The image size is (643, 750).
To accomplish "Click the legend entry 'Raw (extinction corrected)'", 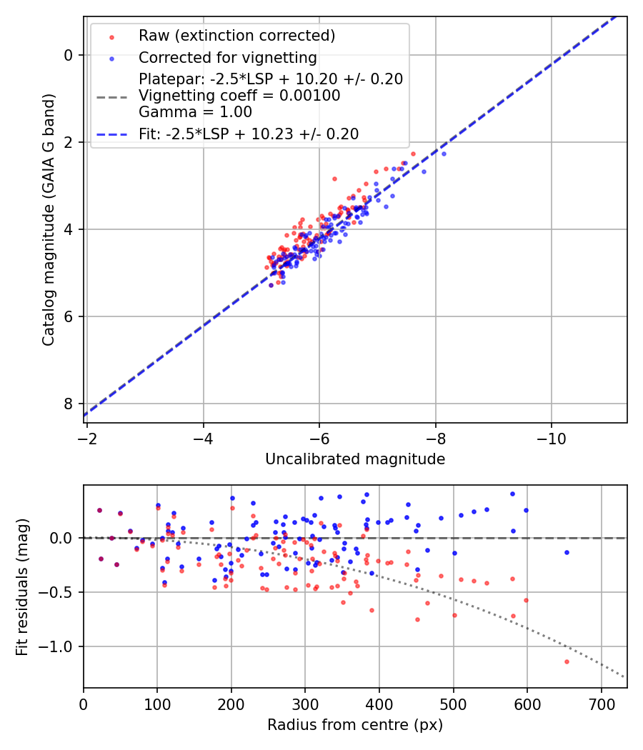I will pos(236,36).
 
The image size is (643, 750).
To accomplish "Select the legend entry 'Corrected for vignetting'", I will pos(227,57).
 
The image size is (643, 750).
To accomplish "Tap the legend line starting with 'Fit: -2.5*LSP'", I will pos(248,134).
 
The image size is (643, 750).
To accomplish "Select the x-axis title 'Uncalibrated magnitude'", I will pos(355,459).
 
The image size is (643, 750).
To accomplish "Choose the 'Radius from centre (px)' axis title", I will pos(355,725).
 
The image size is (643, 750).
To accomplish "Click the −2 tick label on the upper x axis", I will pos(87,436).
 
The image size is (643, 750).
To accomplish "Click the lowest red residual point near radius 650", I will pos(567,661).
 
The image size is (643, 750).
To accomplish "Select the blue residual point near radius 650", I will pos(567,552).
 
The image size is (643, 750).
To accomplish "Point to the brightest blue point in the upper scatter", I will pos(443,154).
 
